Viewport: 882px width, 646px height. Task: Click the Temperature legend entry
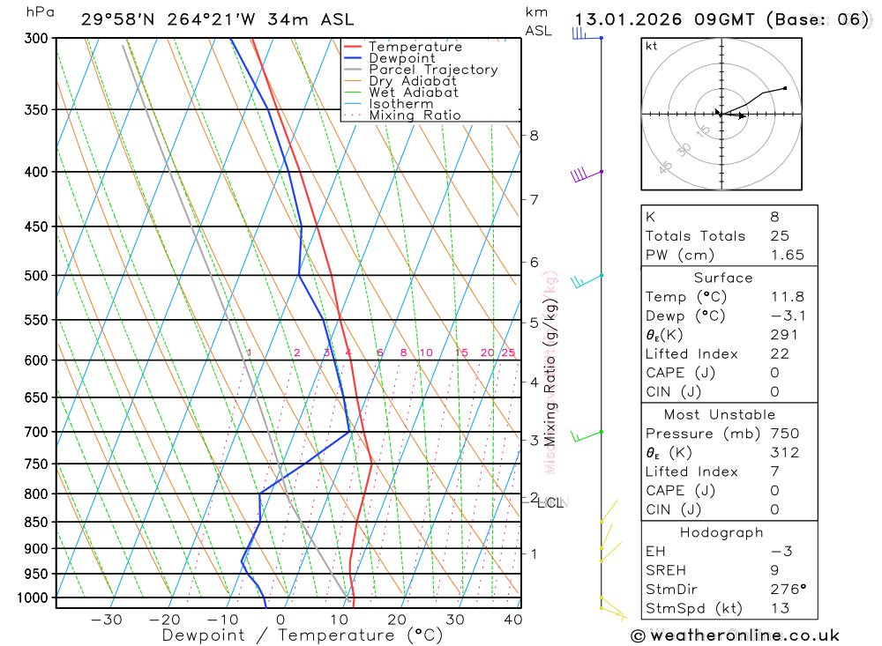point(415,47)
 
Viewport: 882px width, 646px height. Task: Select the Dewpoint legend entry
point(402,58)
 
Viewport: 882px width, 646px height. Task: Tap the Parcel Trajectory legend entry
point(433,70)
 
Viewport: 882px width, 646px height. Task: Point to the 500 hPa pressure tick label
point(38,276)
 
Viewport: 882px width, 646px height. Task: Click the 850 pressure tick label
point(38,522)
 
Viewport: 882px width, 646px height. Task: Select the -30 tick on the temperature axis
point(107,620)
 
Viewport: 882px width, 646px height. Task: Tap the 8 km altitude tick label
point(534,136)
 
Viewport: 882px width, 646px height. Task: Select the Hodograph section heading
point(721,532)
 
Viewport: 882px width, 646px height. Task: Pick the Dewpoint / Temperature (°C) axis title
point(303,635)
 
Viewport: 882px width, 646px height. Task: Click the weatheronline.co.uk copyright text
point(735,635)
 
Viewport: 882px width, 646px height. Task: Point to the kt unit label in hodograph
point(652,46)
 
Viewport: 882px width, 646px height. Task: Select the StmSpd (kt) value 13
point(776,608)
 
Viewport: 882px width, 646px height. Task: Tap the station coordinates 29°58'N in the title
point(116,19)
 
